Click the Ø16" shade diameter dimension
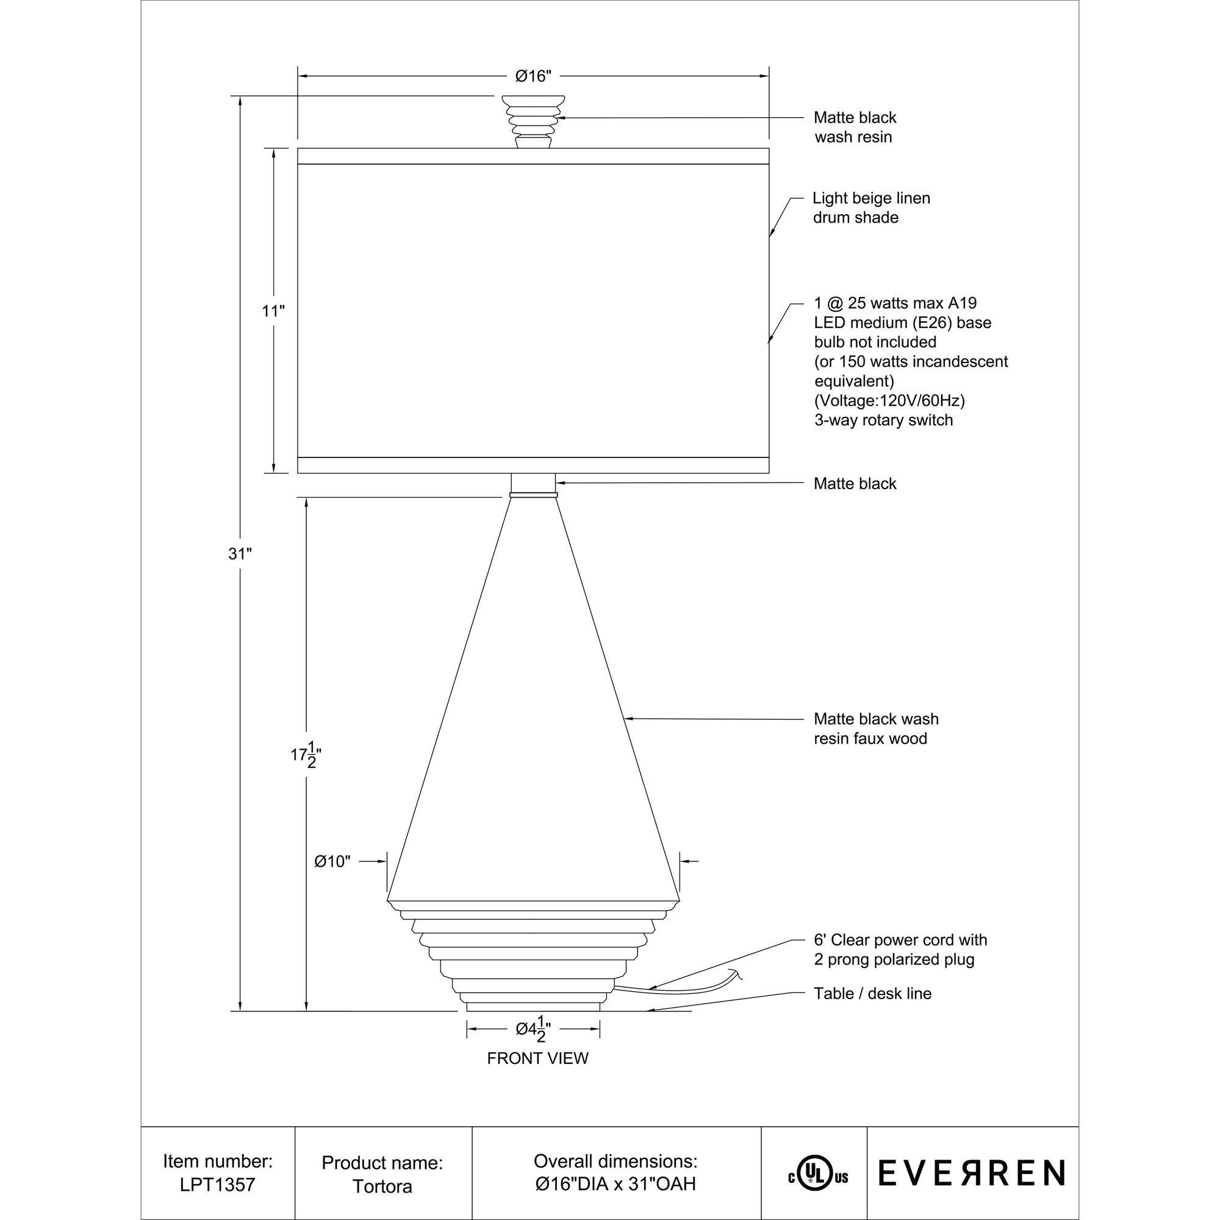(x=533, y=76)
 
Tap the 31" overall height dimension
(x=240, y=554)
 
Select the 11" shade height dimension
(x=273, y=310)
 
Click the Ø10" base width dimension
(x=332, y=861)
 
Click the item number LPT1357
(x=217, y=1184)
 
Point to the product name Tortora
(x=382, y=1186)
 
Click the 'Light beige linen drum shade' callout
(x=871, y=208)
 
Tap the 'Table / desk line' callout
(x=872, y=993)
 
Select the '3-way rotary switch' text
(x=883, y=420)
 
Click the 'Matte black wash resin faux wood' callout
(x=876, y=728)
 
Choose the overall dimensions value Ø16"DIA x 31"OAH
(x=615, y=1184)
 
